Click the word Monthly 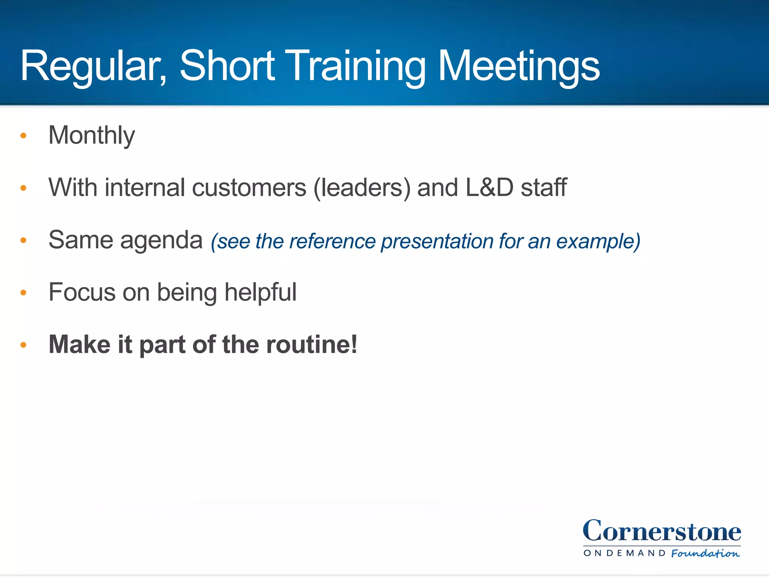click(92, 136)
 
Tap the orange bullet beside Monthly click(23, 136)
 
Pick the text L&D click(489, 187)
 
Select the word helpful click(260, 292)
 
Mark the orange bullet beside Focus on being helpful click(23, 293)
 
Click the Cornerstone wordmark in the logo click(662, 531)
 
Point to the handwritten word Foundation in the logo click(705, 553)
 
